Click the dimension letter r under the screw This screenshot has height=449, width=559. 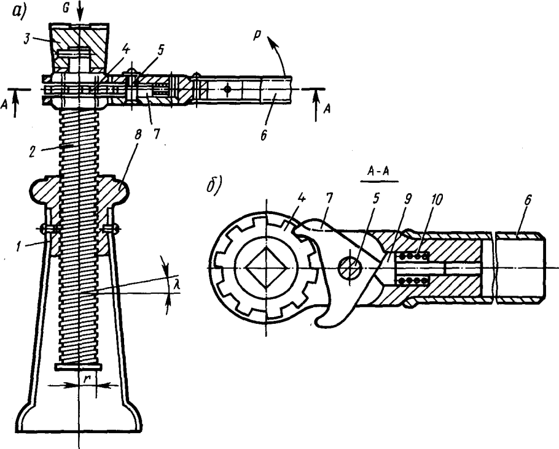pyautogui.click(x=87, y=379)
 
